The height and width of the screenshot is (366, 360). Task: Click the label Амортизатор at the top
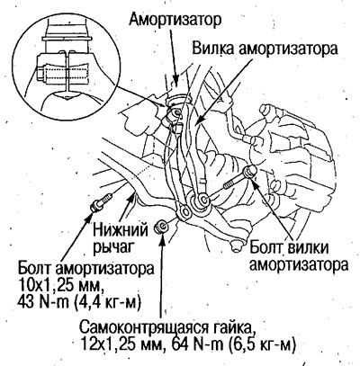tap(175, 20)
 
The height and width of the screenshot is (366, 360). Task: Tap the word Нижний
tap(121, 231)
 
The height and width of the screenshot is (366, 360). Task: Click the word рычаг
tap(113, 247)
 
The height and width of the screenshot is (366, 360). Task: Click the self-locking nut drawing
tap(161, 227)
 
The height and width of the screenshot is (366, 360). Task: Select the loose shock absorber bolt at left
tap(101, 202)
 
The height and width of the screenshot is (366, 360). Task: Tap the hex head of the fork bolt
tap(250, 172)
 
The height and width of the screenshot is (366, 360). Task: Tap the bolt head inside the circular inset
tap(40, 73)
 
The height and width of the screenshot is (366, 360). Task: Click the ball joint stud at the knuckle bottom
tap(236, 245)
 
